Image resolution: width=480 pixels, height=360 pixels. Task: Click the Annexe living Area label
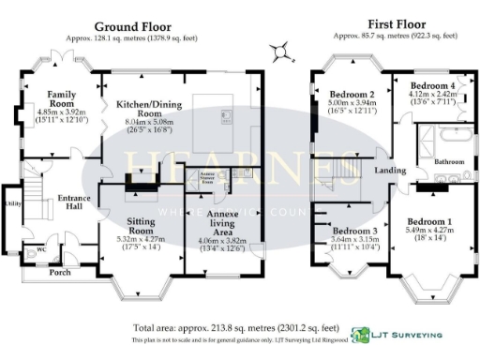click(221, 219)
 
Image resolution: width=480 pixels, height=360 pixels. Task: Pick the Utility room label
click(12, 202)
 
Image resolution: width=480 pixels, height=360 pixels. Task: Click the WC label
click(39, 250)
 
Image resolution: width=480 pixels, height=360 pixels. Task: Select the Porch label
click(61, 273)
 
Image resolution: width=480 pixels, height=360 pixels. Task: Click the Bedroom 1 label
click(428, 220)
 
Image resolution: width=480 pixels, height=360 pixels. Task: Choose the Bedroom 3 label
click(353, 232)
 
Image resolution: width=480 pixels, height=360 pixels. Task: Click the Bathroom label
click(450, 162)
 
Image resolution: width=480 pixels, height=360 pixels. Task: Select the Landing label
click(389, 171)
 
